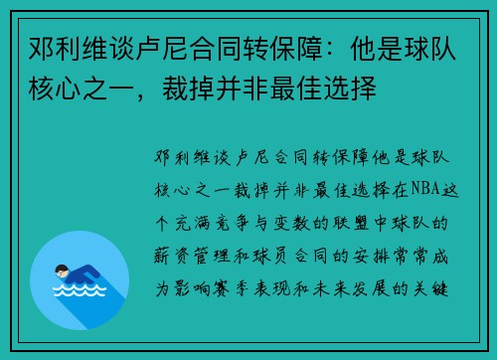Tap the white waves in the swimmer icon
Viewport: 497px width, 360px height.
(x=81, y=292)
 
